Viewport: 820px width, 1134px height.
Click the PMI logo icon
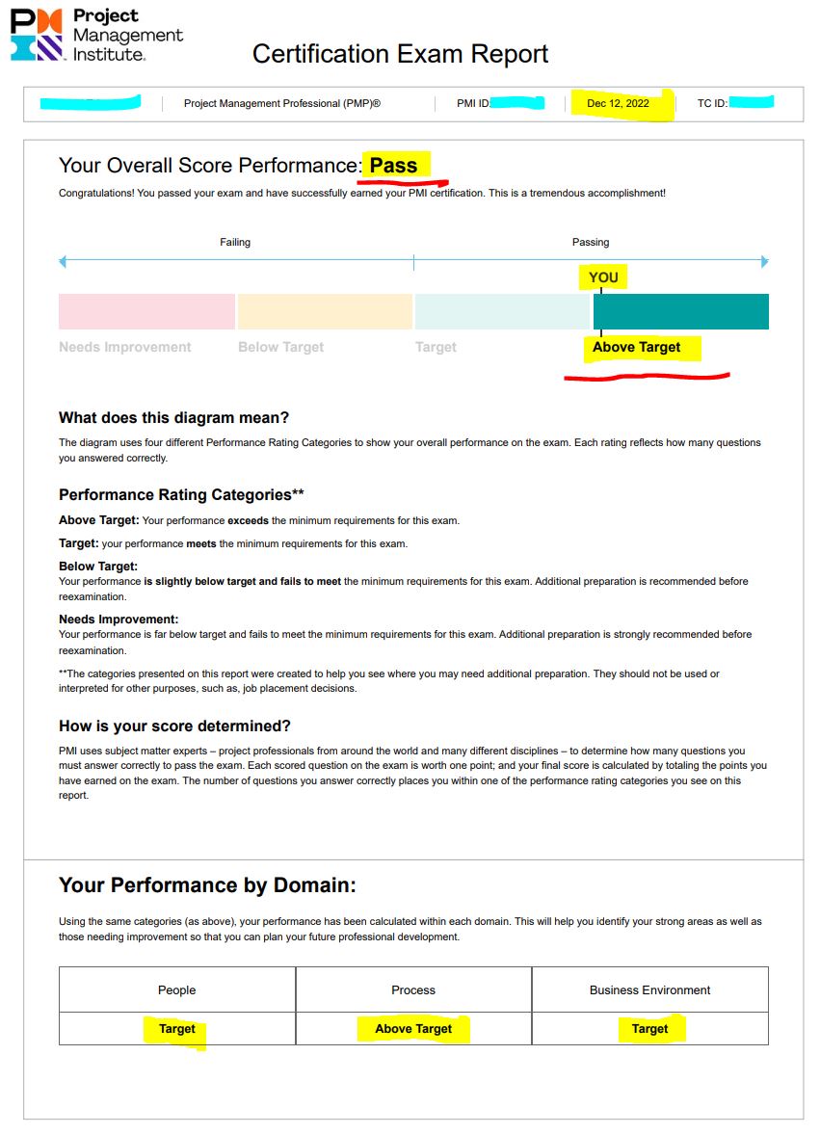pos(37,35)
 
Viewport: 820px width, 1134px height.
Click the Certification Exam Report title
pos(400,54)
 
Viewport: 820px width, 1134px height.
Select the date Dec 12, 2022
pos(618,104)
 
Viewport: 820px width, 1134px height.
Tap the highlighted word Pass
pos(394,166)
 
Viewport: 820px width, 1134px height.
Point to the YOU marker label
pos(603,277)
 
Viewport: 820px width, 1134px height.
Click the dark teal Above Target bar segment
pos(680,311)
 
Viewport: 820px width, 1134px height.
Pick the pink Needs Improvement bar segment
pos(146,311)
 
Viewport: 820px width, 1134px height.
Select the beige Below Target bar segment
pos(325,311)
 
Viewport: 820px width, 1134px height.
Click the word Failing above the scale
pos(235,243)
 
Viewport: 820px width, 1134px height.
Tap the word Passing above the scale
pos(591,243)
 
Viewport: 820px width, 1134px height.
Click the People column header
pos(177,989)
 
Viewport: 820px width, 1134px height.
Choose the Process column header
pos(413,989)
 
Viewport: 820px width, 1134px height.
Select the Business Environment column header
pos(649,989)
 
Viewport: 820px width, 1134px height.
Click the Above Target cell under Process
pos(413,1029)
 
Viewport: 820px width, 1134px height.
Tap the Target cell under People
pos(177,1029)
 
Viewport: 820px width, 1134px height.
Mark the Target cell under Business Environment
pos(649,1029)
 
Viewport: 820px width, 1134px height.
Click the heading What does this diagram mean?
pos(173,418)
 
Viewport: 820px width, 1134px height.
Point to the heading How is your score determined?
pos(174,726)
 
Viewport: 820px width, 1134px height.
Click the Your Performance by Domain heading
pos(207,885)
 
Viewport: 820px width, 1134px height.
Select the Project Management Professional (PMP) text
pos(281,104)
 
